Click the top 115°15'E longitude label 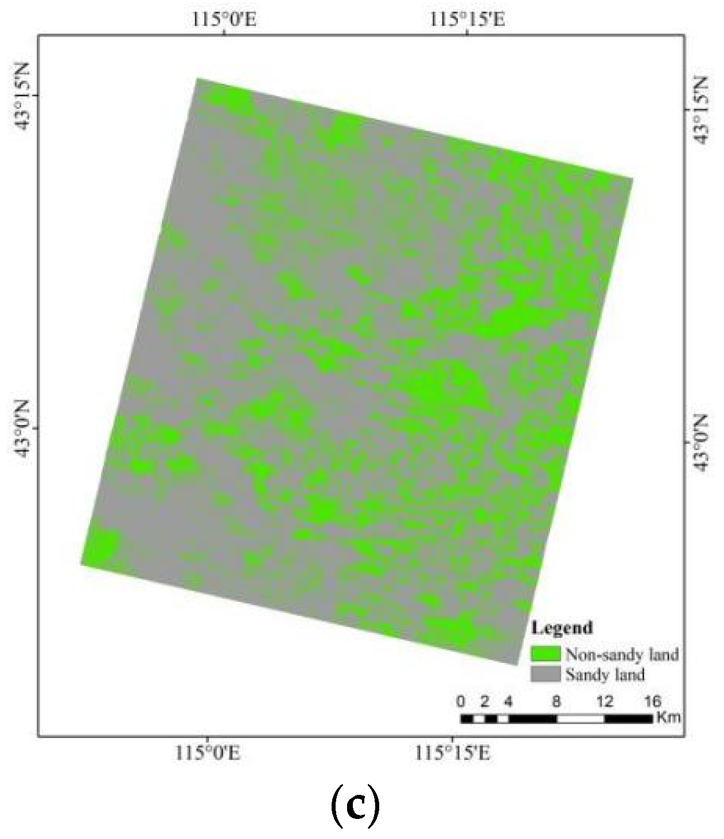click(468, 19)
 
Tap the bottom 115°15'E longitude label click(453, 752)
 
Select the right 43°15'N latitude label click(701, 109)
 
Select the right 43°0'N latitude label click(701, 442)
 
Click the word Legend click(562, 627)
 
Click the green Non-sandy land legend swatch click(545, 654)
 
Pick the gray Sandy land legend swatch click(545, 674)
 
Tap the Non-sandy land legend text click(622, 654)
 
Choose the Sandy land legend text click(605, 674)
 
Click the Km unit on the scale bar click(668, 717)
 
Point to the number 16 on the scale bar click(652, 701)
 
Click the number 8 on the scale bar click(556, 701)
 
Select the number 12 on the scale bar click(605, 701)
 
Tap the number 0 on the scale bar click(461, 701)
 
